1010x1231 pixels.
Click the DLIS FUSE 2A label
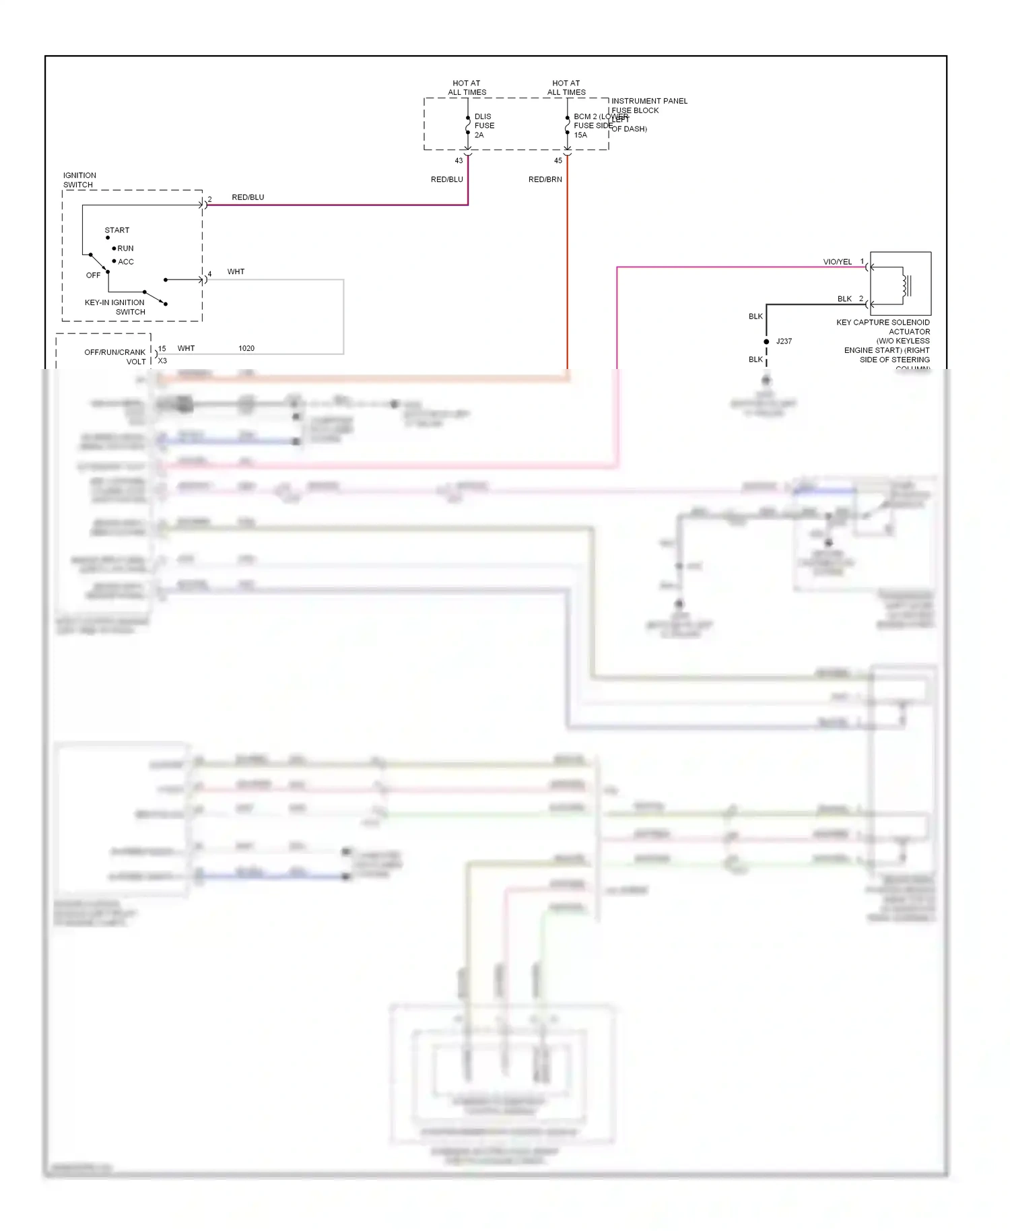click(483, 126)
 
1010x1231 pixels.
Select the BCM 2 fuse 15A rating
click(580, 135)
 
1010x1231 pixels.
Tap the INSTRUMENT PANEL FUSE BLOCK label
click(648, 106)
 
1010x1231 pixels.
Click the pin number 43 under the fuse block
click(459, 161)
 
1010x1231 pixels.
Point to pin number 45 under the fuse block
click(558, 161)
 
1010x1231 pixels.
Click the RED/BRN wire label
click(545, 180)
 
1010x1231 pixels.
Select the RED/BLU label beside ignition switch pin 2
click(248, 197)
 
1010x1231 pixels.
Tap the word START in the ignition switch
click(117, 230)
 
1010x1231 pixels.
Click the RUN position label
click(125, 248)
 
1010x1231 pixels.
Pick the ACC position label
click(126, 262)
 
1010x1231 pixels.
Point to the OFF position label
click(93, 275)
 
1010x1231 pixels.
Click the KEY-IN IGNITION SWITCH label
click(115, 307)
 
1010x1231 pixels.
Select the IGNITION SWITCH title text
click(79, 180)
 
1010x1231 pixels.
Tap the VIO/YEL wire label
click(837, 262)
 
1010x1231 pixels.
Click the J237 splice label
click(784, 341)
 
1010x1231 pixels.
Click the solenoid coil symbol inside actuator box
click(906, 286)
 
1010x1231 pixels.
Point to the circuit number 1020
click(246, 349)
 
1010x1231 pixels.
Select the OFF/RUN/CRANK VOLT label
click(115, 357)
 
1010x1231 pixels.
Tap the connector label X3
click(162, 361)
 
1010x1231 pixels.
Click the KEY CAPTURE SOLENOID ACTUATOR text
click(883, 327)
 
